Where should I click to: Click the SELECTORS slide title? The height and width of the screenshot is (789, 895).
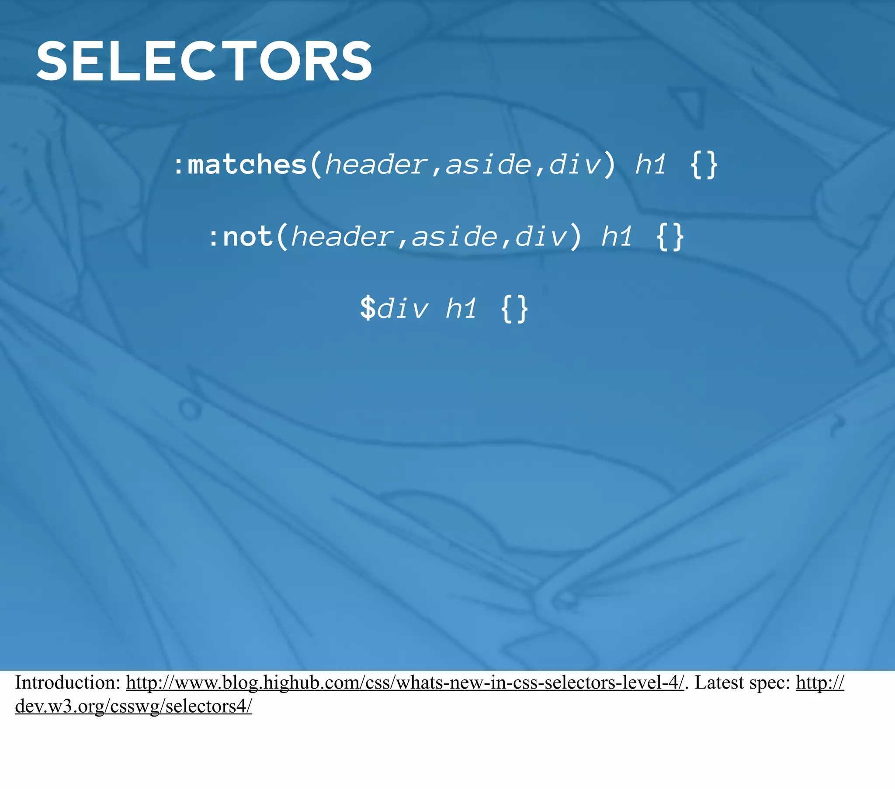pos(204,61)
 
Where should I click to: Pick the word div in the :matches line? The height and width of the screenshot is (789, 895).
pos(575,165)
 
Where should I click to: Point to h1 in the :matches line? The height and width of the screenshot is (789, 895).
pos(651,165)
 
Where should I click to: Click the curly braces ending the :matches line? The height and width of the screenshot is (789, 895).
pos(704,165)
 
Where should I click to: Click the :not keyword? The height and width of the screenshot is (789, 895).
pos(241,237)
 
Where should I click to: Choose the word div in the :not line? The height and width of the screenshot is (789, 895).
pos(541,237)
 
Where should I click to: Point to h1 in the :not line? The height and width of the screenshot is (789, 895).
pos(617,237)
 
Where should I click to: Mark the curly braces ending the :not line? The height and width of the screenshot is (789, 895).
pos(670,237)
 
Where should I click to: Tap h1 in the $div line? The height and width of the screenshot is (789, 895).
pos(461,309)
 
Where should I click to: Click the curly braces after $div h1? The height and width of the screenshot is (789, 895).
pos(514,309)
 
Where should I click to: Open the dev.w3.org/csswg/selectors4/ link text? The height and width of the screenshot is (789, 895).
pos(134,706)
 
